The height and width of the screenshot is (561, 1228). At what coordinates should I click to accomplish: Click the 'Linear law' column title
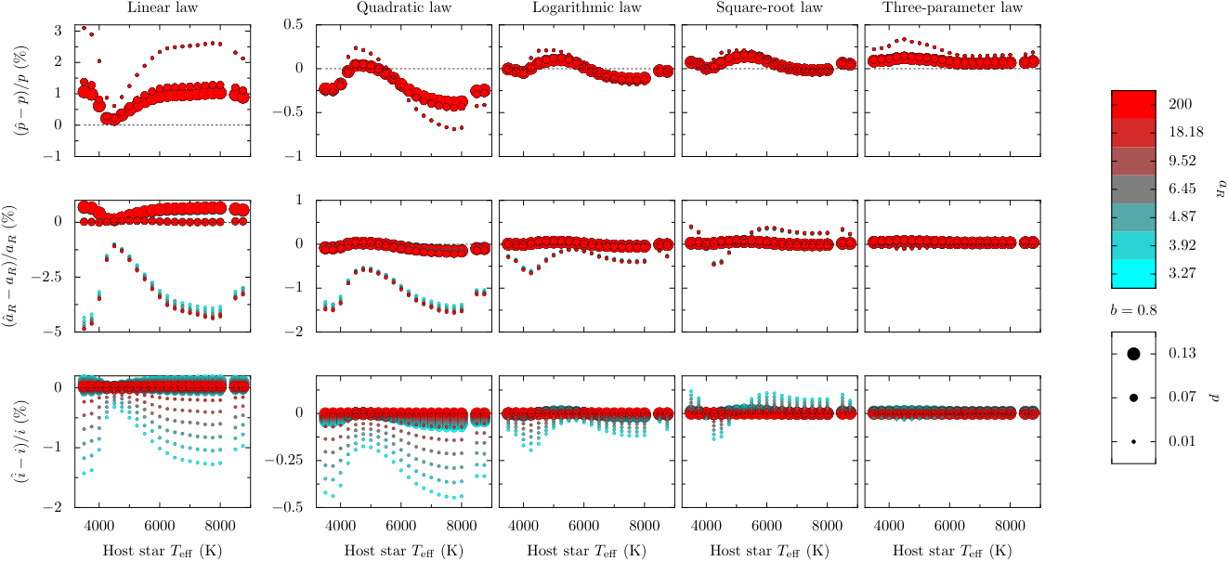(163, 7)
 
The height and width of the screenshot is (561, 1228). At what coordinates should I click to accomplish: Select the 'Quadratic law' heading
(404, 7)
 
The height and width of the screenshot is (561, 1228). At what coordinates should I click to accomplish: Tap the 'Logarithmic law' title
(586, 7)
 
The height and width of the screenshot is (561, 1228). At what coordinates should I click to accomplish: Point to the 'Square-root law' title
(769, 7)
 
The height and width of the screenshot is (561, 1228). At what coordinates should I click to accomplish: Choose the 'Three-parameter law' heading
(952, 7)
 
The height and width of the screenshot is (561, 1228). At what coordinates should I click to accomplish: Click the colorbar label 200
(1180, 104)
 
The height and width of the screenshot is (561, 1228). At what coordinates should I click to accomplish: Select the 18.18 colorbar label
(1186, 132)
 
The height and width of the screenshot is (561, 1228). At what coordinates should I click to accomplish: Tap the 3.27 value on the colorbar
(1182, 273)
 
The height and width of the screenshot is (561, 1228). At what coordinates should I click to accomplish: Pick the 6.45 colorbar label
(1182, 189)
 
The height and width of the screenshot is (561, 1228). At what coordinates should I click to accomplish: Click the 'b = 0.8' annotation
(1133, 310)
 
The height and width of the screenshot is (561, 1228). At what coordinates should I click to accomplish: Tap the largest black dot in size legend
(1133, 354)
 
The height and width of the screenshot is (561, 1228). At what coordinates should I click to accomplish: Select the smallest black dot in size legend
(1133, 441)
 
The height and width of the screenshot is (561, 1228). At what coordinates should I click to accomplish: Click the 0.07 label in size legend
(1182, 397)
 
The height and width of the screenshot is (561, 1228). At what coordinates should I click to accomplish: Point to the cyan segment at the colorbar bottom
(1133, 274)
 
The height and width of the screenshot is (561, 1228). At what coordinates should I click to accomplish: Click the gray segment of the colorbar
(1133, 189)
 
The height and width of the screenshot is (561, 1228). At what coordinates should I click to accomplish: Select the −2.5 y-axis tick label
(46, 277)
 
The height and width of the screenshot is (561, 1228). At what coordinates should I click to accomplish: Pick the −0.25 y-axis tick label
(284, 460)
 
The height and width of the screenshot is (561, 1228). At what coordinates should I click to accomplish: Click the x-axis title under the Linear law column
(163, 551)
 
